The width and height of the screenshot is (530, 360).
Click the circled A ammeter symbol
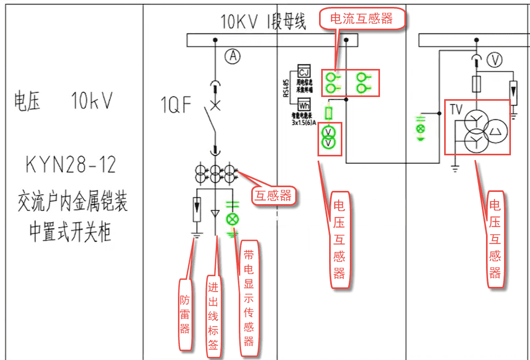click(232, 55)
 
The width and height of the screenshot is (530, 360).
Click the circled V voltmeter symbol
click(494, 61)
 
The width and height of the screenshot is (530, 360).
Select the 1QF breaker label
click(176, 106)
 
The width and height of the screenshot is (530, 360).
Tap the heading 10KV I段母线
click(263, 22)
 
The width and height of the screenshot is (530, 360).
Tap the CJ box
click(304, 72)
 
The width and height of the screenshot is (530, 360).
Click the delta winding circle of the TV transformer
click(496, 130)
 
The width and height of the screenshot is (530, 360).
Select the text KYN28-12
click(70, 165)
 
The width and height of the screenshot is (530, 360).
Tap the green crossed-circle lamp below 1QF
click(232, 218)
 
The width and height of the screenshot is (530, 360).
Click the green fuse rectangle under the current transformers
click(329, 113)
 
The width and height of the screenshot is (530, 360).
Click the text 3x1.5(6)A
click(304, 122)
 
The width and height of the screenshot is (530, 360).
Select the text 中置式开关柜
click(70, 231)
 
